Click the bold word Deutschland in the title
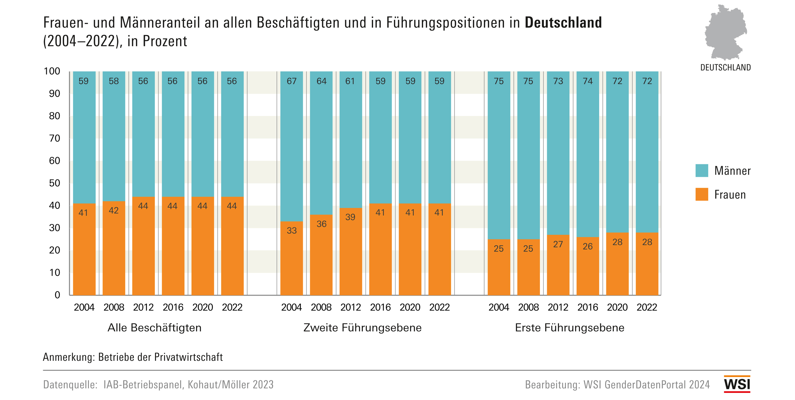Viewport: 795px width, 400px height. click(x=563, y=23)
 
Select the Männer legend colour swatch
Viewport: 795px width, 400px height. click(x=701, y=170)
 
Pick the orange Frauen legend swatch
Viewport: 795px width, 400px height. click(x=701, y=194)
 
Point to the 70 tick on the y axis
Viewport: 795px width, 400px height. click(x=55, y=138)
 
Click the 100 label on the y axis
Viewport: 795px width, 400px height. click(x=52, y=71)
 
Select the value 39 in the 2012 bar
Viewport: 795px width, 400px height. click(x=350, y=217)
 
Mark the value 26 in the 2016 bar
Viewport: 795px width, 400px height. click(x=588, y=246)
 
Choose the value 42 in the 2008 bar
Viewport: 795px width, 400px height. click(x=113, y=210)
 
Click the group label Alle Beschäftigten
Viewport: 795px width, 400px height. click(x=154, y=327)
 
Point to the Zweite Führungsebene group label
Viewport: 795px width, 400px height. click(x=362, y=327)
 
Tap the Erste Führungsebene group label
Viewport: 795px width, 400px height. click(x=569, y=327)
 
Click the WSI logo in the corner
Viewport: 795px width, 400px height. click(x=737, y=384)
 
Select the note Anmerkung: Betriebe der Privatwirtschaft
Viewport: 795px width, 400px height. click(x=133, y=357)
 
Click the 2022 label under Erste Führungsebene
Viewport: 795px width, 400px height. click(x=647, y=307)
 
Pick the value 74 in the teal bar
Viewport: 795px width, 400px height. click(x=588, y=81)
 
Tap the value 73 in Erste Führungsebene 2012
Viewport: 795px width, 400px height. click(x=558, y=81)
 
